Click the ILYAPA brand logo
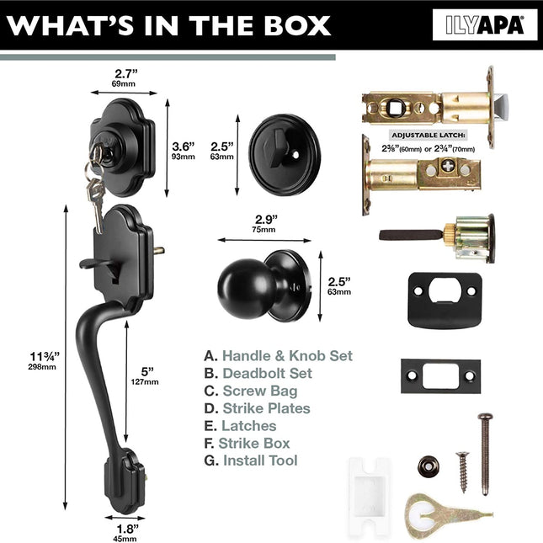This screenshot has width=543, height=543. (x=485, y=25)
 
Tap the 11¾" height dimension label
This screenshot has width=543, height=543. (x=44, y=360)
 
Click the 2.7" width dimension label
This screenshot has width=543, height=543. (x=125, y=77)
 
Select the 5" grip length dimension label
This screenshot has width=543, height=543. (x=145, y=375)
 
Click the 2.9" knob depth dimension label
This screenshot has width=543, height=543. (x=265, y=223)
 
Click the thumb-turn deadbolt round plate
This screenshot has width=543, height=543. (x=285, y=155)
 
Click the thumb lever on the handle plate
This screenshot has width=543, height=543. (x=95, y=264)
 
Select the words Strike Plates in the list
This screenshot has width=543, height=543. (x=266, y=408)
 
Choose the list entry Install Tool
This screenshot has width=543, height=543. (x=260, y=460)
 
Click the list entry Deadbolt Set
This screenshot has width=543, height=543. (x=267, y=373)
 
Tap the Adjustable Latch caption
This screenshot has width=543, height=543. (x=428, y=135)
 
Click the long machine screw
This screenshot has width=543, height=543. (x=486, y=454)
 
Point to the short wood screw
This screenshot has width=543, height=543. (x=463, y=471)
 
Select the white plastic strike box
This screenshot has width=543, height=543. (x=370, y=498)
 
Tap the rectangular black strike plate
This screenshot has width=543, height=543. (x=440, y=376)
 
